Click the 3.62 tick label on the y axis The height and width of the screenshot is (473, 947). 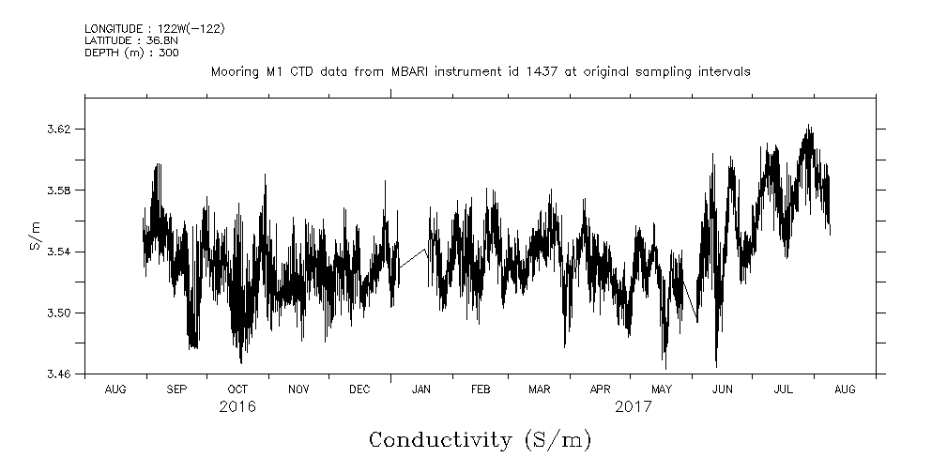(x=58, y=129)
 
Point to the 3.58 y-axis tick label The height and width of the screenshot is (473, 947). (x=58, y=191)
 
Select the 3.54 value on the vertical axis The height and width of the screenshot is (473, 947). (x=58, y=252)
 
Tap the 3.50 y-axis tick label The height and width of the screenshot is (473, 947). (x=58, y=313)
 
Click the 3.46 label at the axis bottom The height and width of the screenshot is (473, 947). (x=58, y=374)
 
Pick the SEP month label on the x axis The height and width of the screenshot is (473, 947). (x=176, y=389)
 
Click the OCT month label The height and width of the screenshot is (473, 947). (x=237, y=389)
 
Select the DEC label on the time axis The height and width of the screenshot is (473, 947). (x=359, y=389)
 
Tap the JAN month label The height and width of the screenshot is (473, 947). (x=421, y=389)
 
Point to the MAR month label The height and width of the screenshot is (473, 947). (x=539, y=389)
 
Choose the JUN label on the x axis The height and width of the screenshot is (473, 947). (x=723, y=389)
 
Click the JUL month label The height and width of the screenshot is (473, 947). (x=784, y=389)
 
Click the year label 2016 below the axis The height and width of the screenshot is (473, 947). (x=237, y=407)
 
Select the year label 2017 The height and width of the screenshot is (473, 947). (x=634, y=407)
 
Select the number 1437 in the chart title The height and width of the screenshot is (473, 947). (x=551, y=71)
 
